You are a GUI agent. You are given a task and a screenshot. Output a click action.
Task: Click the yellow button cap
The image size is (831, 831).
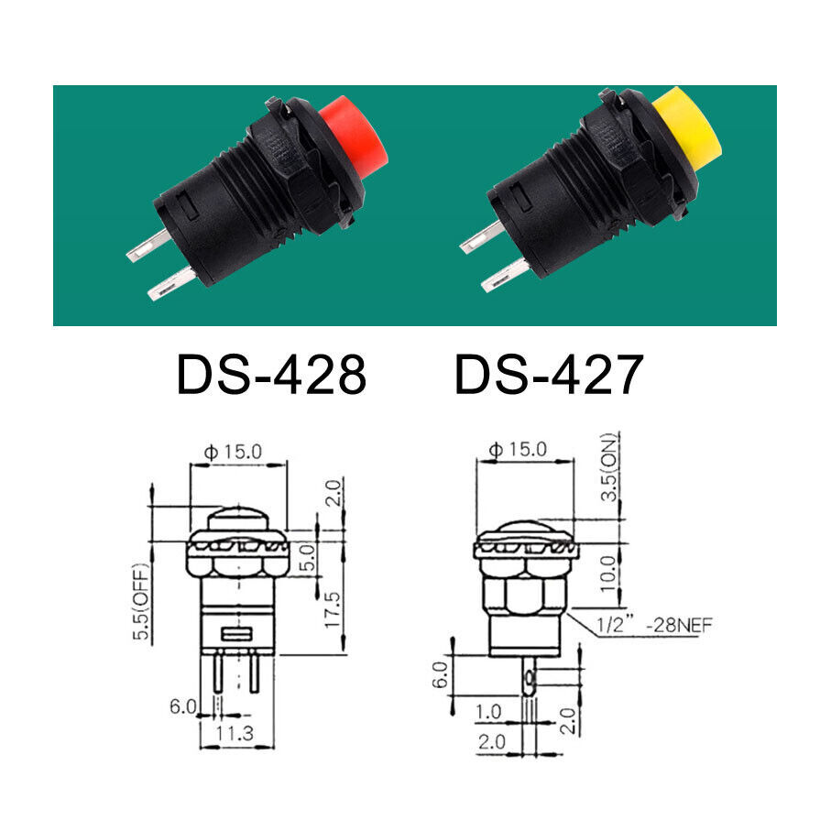687,130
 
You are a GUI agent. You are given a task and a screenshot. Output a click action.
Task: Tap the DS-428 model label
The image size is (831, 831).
271,375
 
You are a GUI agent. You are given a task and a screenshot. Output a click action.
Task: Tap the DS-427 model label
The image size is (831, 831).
549,375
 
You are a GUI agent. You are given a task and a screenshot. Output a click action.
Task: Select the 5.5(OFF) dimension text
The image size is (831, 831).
141,602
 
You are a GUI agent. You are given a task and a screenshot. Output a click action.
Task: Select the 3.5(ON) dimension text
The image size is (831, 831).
610,468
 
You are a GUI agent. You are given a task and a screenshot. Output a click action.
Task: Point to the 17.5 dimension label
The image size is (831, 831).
333,610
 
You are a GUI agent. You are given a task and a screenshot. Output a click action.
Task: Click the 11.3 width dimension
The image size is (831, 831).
235,733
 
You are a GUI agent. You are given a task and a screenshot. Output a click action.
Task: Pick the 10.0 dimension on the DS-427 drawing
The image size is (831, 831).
608,574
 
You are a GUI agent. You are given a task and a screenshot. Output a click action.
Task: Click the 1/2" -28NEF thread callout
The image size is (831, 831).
654,626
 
